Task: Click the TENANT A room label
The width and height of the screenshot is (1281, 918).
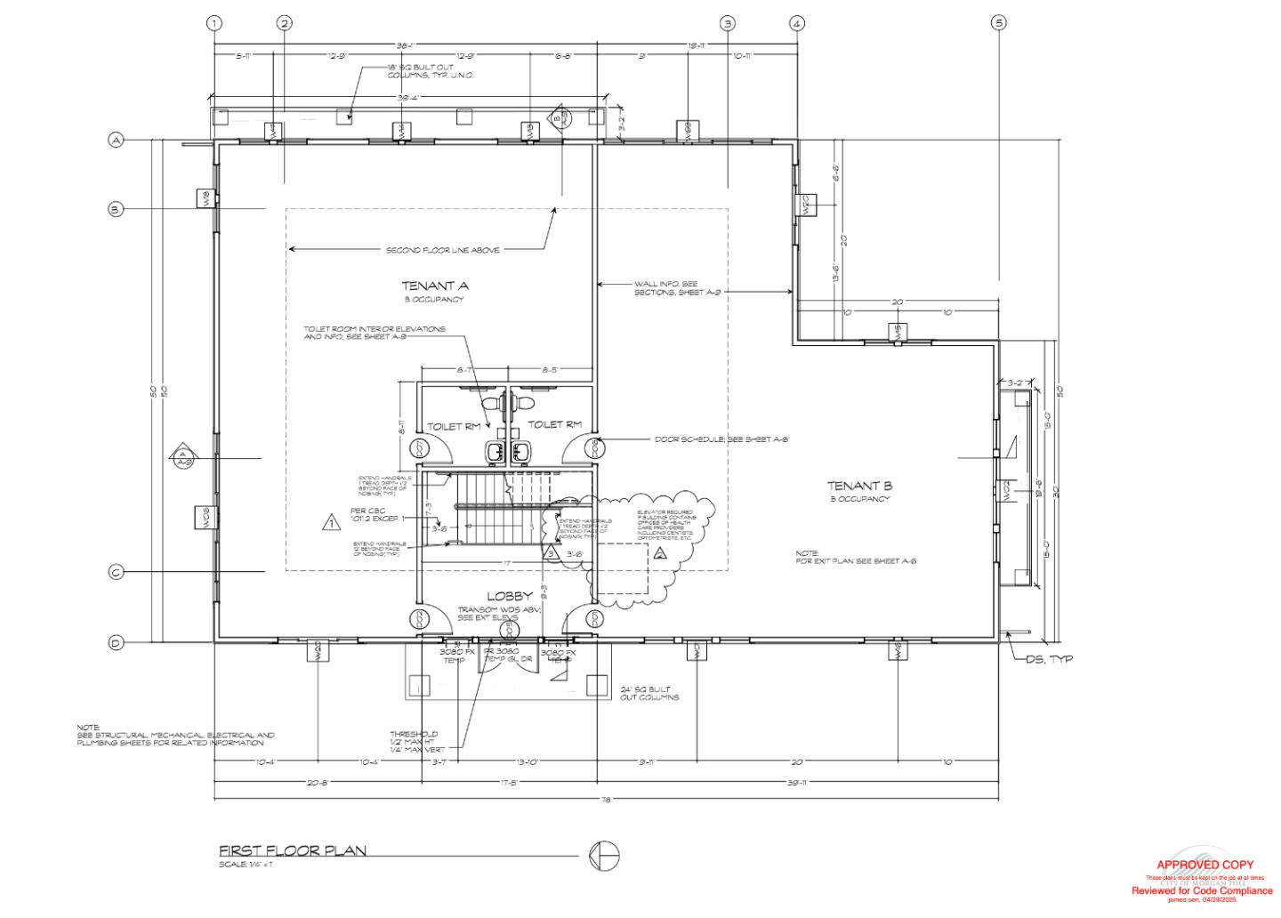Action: pyautogui.click(x=435, y=286)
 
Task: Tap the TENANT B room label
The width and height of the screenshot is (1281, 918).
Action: pyautogui.click(x=859, y=486)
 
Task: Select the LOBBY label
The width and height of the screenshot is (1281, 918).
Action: pyautogui.click(x=509, y=595)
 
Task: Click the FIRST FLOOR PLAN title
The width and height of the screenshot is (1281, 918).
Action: pyautogui.click(x=293, y=850)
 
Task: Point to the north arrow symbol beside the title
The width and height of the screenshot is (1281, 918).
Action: pyautogui.click(x=604, y=856)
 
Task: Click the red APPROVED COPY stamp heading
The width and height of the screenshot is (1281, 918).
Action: pyautogui.click(x=1204, y=865)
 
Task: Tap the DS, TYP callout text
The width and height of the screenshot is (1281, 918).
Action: pyautogui.click(x=1051, y=659)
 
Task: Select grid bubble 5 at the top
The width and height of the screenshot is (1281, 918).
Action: pyautogui.click(x=999, y=23)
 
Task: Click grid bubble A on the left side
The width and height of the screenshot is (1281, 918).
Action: pyautogui.click(x=116, y=140)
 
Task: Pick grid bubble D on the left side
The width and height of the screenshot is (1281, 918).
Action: pyautogui.click(x=116, y=643)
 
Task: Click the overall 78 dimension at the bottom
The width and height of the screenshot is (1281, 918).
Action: pyautogui.click(x=606, y=800)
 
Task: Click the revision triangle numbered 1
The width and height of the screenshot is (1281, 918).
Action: pyautogui.click(x=331, y=523)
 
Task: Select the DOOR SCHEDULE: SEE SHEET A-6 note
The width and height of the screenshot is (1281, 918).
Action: pyautogui.click(x=721, y=439)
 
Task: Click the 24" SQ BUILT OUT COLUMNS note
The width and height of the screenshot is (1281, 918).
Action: pyautogui.click(x=649, y=693)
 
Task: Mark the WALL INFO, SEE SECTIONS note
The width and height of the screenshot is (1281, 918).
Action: pyautogui.click(x=665, y=287)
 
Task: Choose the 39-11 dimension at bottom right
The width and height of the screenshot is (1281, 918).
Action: pyautogui.click(x=797, y=783)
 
